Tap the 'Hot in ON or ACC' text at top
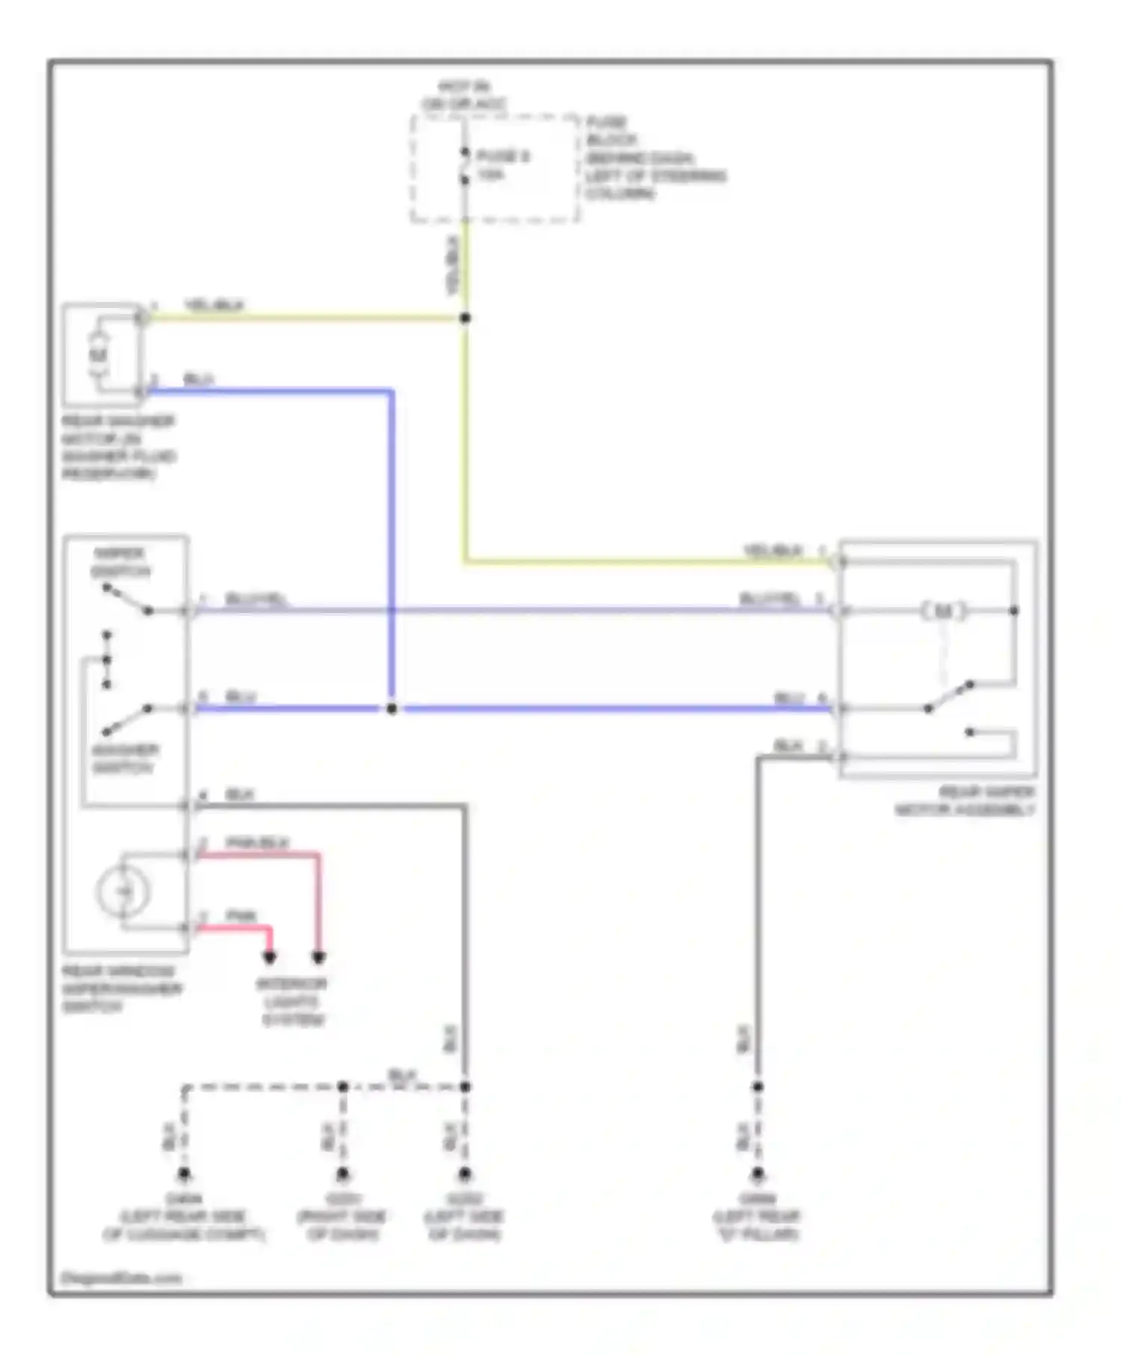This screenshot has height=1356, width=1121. (463, 96)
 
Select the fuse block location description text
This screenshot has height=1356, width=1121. (655, 158)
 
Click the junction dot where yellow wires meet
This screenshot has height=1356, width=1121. (465, 318)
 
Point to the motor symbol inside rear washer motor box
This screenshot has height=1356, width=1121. (99, 354)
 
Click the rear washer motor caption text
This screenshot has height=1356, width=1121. (118, 447)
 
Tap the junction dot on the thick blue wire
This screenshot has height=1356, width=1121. (392, 708)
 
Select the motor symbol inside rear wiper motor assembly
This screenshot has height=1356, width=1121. (943, 611)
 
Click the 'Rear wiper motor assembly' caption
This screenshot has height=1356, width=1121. (965, 801)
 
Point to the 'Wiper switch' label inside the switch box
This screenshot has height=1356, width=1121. (120, 562)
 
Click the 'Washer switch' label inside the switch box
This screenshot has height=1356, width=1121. (124, 758)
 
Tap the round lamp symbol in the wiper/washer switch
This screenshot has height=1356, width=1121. (123, 891)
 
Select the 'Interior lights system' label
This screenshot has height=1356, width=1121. (292, 1002)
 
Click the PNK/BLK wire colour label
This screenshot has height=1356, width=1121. (256, 843)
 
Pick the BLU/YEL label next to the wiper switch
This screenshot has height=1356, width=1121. (256, 600)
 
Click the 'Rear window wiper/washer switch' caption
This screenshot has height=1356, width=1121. (121, 988)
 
